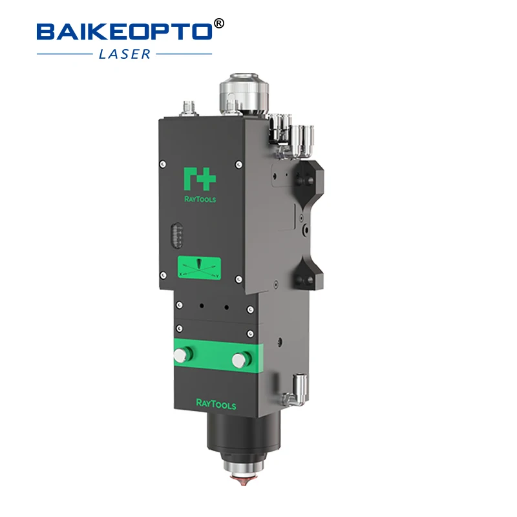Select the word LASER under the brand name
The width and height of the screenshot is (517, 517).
coord(124,54)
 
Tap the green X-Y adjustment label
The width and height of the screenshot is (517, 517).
coord(200,268)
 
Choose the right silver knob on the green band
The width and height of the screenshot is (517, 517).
coord(243,357)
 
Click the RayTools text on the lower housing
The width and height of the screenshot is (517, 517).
coord(216,405)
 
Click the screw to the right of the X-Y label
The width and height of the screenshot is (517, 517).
coord(238,279)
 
